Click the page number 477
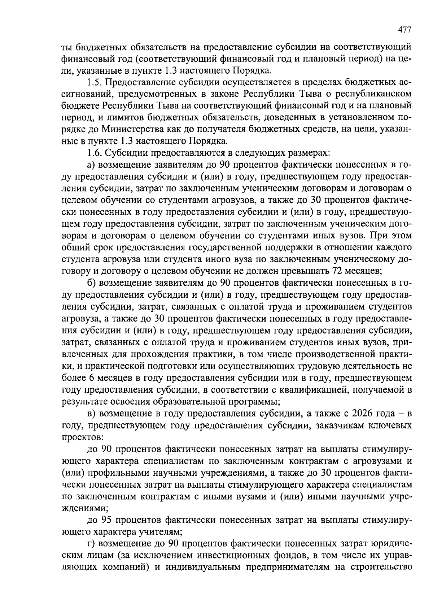pyautogui.click(x=404, y=30)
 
